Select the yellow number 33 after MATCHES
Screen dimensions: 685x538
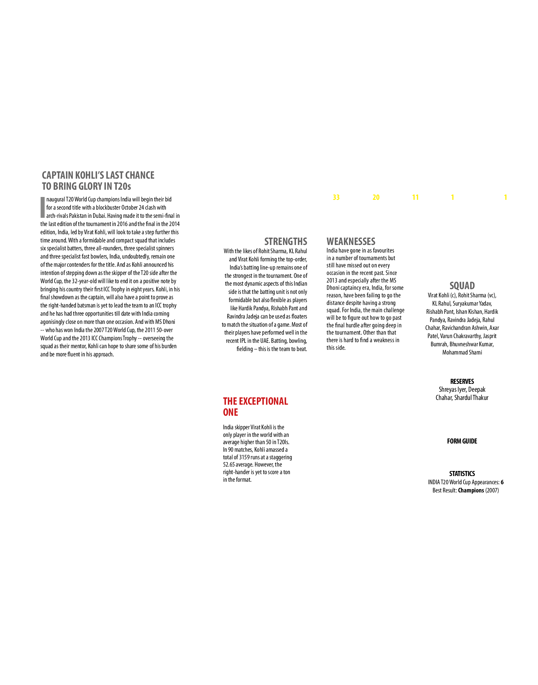click(336, 197)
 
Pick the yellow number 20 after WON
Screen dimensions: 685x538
click(376, 197)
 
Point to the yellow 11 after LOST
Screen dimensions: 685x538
click(415, 197)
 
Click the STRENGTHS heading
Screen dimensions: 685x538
click(286, 241)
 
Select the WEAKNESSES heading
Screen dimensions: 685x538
click(351, 241)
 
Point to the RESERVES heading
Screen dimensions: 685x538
click(462, 381)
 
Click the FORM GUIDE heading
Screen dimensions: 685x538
click(462, 441)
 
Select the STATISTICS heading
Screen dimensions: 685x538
click(462, 474)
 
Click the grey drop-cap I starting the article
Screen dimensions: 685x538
click(43, 207)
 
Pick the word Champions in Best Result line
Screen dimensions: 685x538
click(471, 490)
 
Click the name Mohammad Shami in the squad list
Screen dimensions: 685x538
click(462, 352)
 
